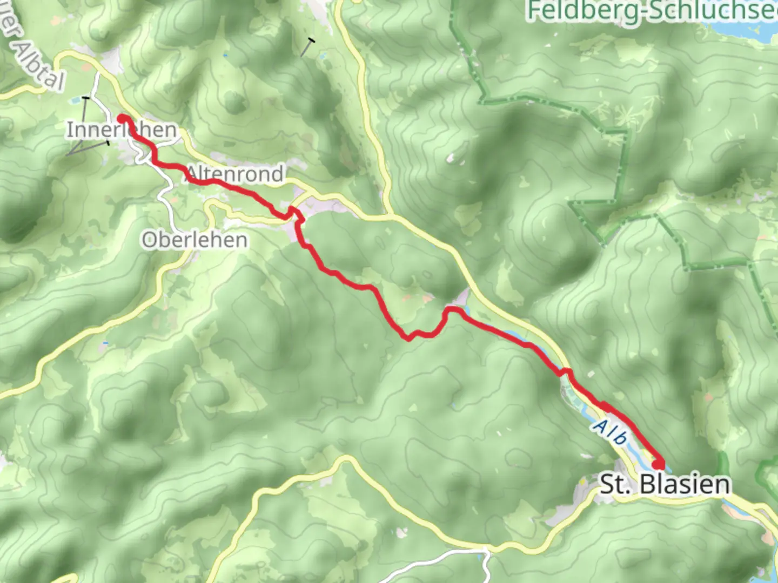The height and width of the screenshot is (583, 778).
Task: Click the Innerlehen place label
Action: [x=122, y=130]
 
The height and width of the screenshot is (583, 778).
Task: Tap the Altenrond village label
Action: [x=236, y=174]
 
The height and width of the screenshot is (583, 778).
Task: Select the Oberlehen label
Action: [x=194, y=240]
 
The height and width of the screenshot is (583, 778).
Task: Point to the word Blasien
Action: [x=685, y=484]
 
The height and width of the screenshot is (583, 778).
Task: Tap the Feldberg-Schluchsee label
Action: [x=651, y=11]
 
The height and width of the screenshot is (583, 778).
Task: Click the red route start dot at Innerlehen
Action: [x=123, y=118]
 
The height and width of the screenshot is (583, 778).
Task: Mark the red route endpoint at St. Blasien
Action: [x=659, y=464]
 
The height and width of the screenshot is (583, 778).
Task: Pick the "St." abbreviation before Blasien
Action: [x=615, y=484]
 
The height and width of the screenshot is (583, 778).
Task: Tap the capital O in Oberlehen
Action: [x=149, y=240]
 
